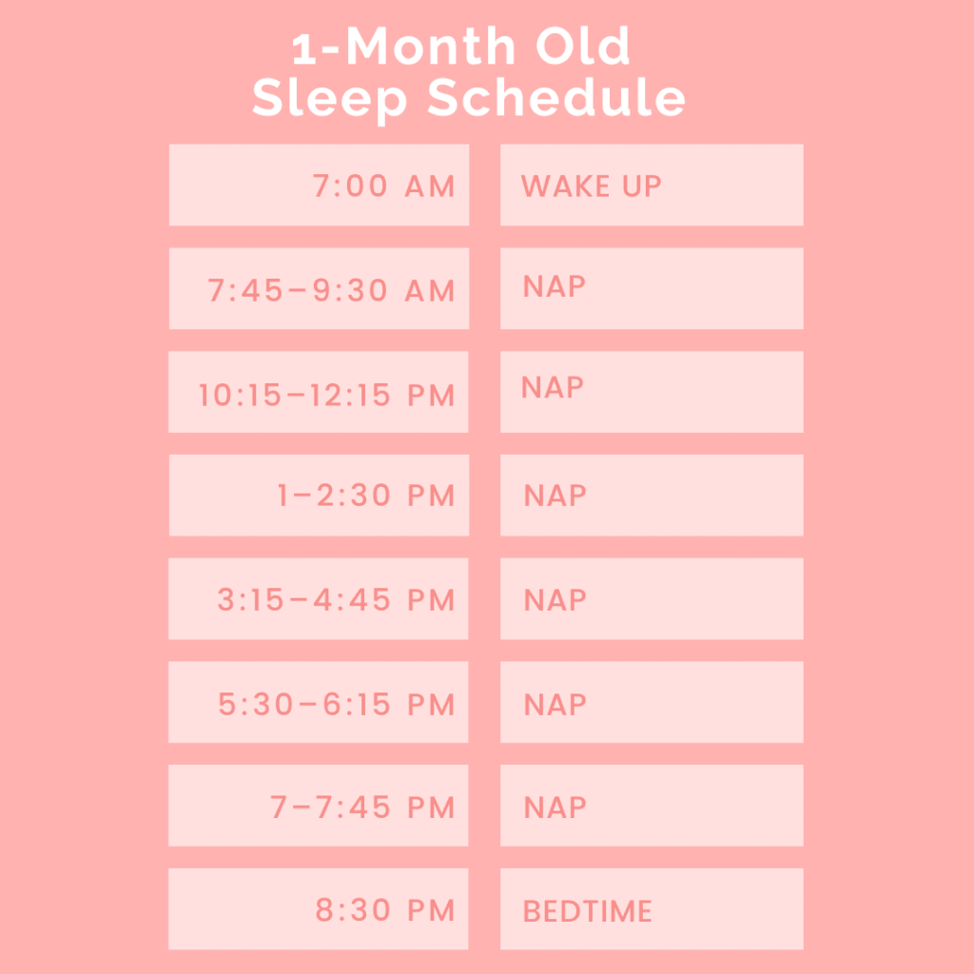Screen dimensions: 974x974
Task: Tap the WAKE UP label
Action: click(591, 185)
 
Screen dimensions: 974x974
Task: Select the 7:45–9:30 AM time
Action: click(331, 290)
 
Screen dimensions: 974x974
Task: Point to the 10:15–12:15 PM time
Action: click(326, 395)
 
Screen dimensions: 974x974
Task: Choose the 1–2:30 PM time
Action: click(366, 495)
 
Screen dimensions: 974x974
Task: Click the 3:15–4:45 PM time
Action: click(336, 599)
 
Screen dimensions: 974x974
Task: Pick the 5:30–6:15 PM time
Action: click(336, 704)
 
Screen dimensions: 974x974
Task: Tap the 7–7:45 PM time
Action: click(362, 807)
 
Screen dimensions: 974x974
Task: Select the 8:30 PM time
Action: click(385, 910)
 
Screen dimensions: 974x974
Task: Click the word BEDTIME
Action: click(588, 911)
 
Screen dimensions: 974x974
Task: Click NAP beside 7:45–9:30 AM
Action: click(555, 286)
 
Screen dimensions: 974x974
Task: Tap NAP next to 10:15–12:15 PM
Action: click(553, 388)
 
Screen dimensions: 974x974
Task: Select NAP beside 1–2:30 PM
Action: click(555, 496)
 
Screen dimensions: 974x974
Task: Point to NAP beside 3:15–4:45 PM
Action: click(555, 600)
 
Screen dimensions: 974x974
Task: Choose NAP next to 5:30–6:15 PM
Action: click(555, 705)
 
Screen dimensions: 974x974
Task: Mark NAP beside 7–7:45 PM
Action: click(555, 808)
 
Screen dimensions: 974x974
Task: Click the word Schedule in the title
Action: click(556, 98)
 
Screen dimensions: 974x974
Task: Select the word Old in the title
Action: click(583, 46)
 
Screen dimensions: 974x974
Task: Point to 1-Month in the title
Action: click(403, 46)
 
